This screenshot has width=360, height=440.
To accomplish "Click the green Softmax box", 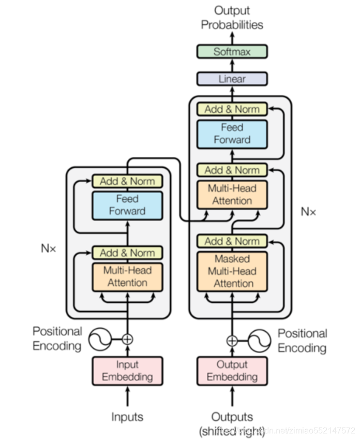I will coord(232,52).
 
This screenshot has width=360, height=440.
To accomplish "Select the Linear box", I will coord(232,79).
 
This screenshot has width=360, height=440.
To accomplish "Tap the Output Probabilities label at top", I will coord(232,18).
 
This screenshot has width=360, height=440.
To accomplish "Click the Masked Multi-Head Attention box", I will coord(232,271).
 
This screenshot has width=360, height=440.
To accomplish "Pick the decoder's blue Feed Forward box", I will coord(232,134).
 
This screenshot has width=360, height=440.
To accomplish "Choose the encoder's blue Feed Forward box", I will coord(127,205).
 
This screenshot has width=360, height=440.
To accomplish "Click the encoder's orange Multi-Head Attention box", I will coord(127,276).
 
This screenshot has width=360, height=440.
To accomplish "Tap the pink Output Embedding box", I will coord(232,371).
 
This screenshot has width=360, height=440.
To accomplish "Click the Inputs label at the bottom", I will coord(127,417).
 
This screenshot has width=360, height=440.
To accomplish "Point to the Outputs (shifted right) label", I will coord(232,423).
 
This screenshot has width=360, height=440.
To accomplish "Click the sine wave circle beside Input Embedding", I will coord(100,340).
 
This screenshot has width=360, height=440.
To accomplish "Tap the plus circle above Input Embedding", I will coord(127,340).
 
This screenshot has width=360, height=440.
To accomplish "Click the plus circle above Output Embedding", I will coord(232,341).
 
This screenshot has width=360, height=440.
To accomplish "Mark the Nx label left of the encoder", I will coord(48,248).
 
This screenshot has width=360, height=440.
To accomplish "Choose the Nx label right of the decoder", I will coord(308,211).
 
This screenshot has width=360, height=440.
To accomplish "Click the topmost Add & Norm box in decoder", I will coord(232,109).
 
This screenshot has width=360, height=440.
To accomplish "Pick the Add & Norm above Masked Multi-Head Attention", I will coord(232,241).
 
